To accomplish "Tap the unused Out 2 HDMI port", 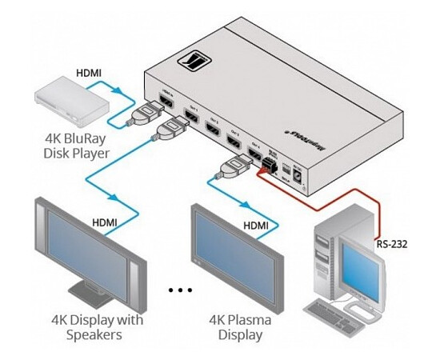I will point(213,127).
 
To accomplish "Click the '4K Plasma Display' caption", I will point(241,327).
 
